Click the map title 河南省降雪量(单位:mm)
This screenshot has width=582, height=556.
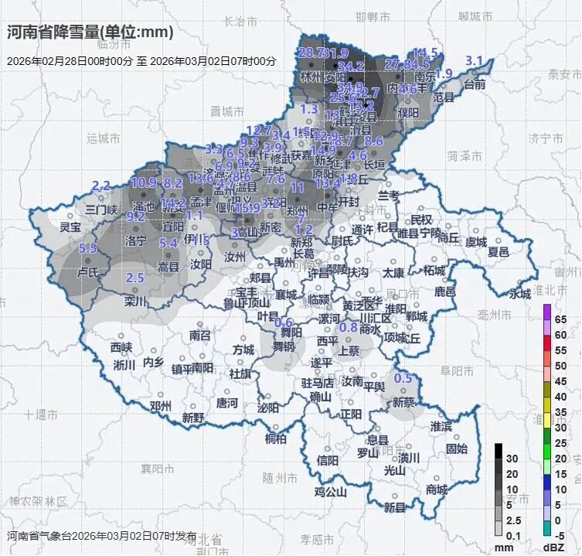pyautogui.click(x=90, y=32)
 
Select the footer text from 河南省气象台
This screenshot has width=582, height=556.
pyautogui.click(x=102, y=536)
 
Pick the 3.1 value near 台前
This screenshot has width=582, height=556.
pyautogui.click(x=474, y=61)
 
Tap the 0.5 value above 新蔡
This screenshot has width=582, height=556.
pyautogui.click(x=403, y=378)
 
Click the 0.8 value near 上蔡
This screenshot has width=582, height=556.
pyautogui.click(x=349, y=327)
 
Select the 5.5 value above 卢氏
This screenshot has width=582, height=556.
pyautogui.click(x=87, y=248)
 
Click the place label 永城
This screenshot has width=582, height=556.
pyautogui.click(x=520, y=293)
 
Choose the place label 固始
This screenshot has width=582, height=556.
pyautogui.click(x=457, y=448)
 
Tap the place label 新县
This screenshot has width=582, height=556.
pyautogui.click(x=394, y=507)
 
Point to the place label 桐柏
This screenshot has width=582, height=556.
pyautogui.click(x=276, y=438)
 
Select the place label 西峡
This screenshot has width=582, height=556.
pyautogui.click(x=121, y=346)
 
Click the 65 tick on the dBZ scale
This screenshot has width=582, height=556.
pyautogui.click(x=561, y=319)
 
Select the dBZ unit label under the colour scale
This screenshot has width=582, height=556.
pyautogui.click(x=553, y=547)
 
